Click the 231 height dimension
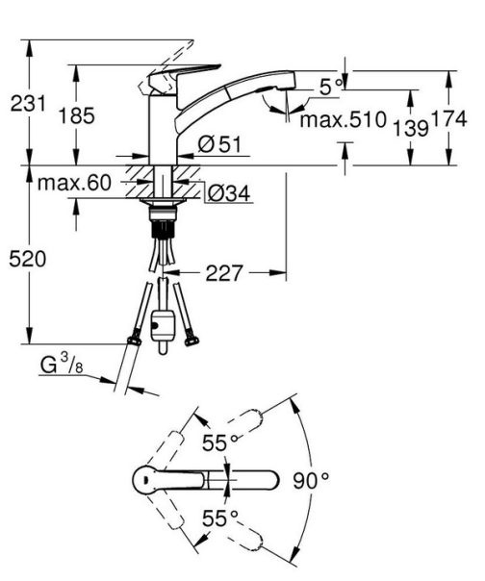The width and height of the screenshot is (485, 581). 28,103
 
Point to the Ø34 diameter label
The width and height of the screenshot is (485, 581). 228,193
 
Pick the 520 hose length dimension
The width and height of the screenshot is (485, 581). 28,259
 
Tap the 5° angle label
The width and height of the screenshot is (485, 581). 333,87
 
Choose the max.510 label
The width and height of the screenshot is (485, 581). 342,120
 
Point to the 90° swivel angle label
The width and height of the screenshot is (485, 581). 312,478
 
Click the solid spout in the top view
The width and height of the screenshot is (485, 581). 236,479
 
